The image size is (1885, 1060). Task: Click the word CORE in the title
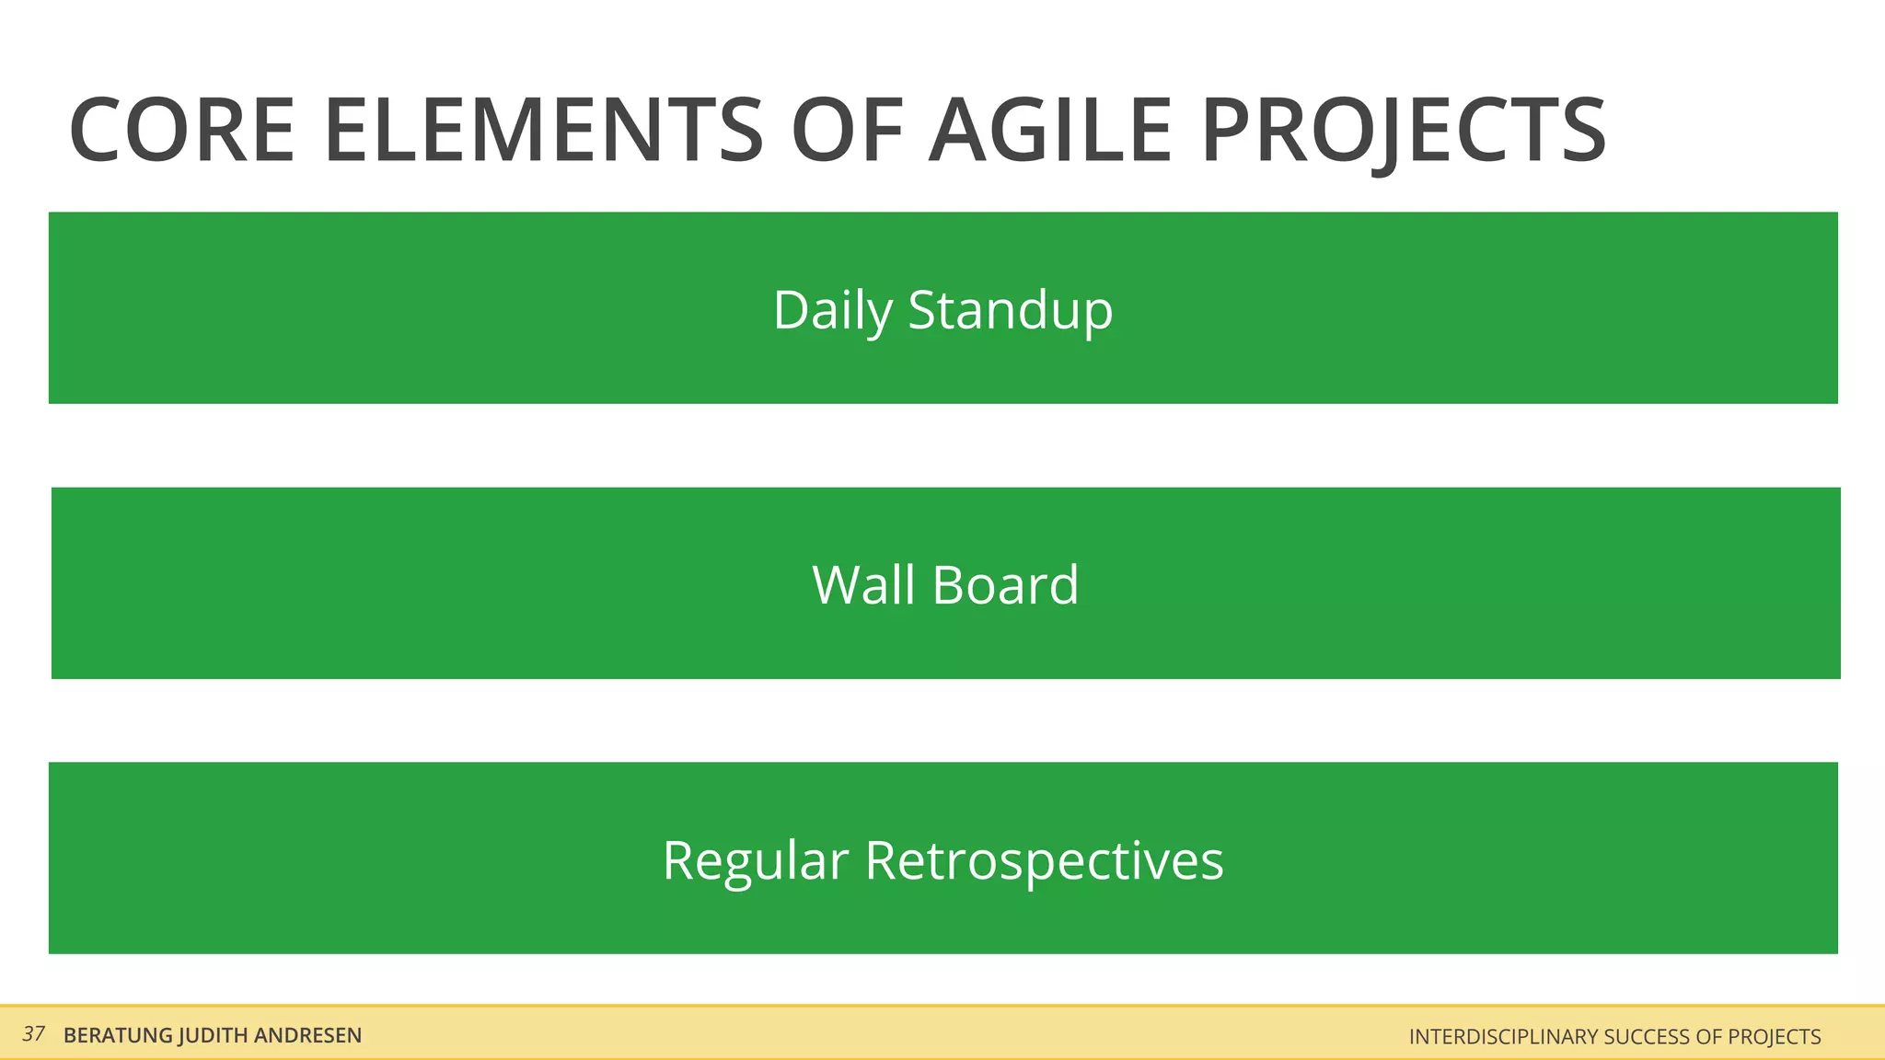181,131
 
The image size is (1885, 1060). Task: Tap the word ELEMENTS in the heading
543,131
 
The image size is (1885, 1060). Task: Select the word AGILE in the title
1049,131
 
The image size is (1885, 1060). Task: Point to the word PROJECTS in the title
1404,131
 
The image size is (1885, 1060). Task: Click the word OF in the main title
846,131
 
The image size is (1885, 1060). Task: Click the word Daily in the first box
832,310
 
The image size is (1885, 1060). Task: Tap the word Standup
1011,310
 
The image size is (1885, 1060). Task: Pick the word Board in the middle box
1005,585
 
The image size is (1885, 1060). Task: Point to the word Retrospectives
1044,861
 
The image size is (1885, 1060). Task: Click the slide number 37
34,1034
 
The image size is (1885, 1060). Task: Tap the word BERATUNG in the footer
118,1036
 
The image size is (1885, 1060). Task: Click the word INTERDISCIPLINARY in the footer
1504,1037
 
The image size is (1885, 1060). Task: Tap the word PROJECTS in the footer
1774,1037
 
